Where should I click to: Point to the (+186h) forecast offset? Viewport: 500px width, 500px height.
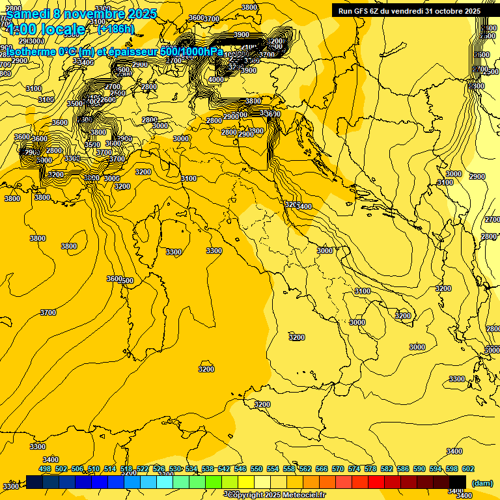tap(116, 29)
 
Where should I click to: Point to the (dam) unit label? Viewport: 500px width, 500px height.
tap(482, 482)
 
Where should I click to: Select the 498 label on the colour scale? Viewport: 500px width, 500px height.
tap(45, 469)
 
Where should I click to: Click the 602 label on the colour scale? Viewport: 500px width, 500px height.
tap(468, 469)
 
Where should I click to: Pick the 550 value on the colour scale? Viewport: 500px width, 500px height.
tap(257, 469)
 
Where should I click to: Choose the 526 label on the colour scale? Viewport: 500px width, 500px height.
tap(159, 469)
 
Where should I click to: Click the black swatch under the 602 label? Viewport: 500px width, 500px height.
tap(458, 482)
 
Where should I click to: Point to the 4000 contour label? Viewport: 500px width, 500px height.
tap(215, 79)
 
